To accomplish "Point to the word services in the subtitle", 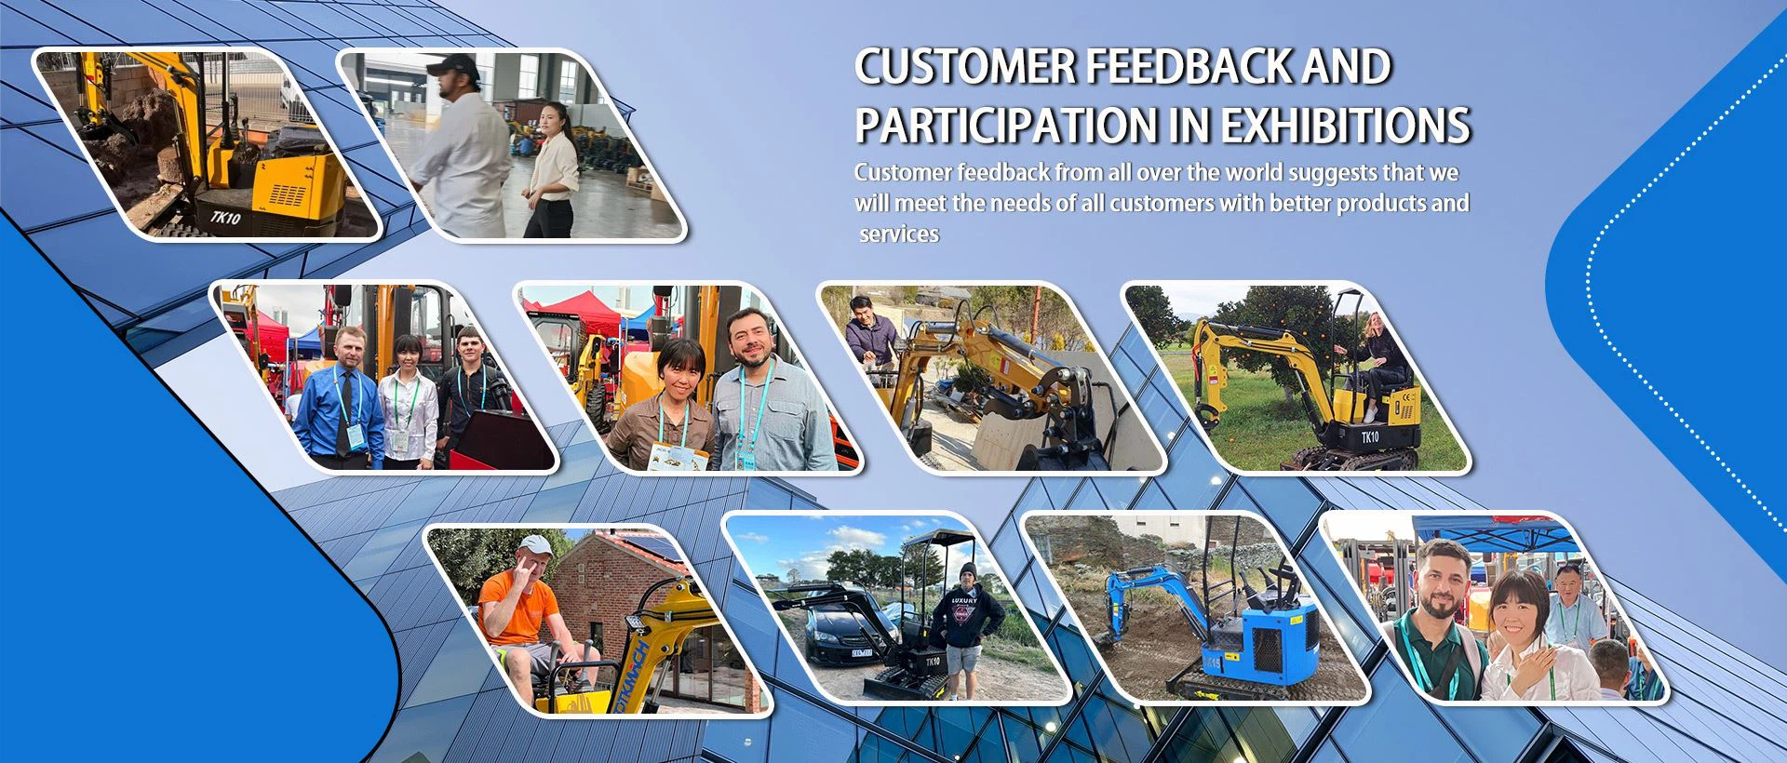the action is click(899, 234).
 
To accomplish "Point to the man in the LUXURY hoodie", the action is click(969, 623).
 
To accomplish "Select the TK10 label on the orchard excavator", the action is click(1370, 437).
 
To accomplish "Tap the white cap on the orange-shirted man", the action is click(533, 542).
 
